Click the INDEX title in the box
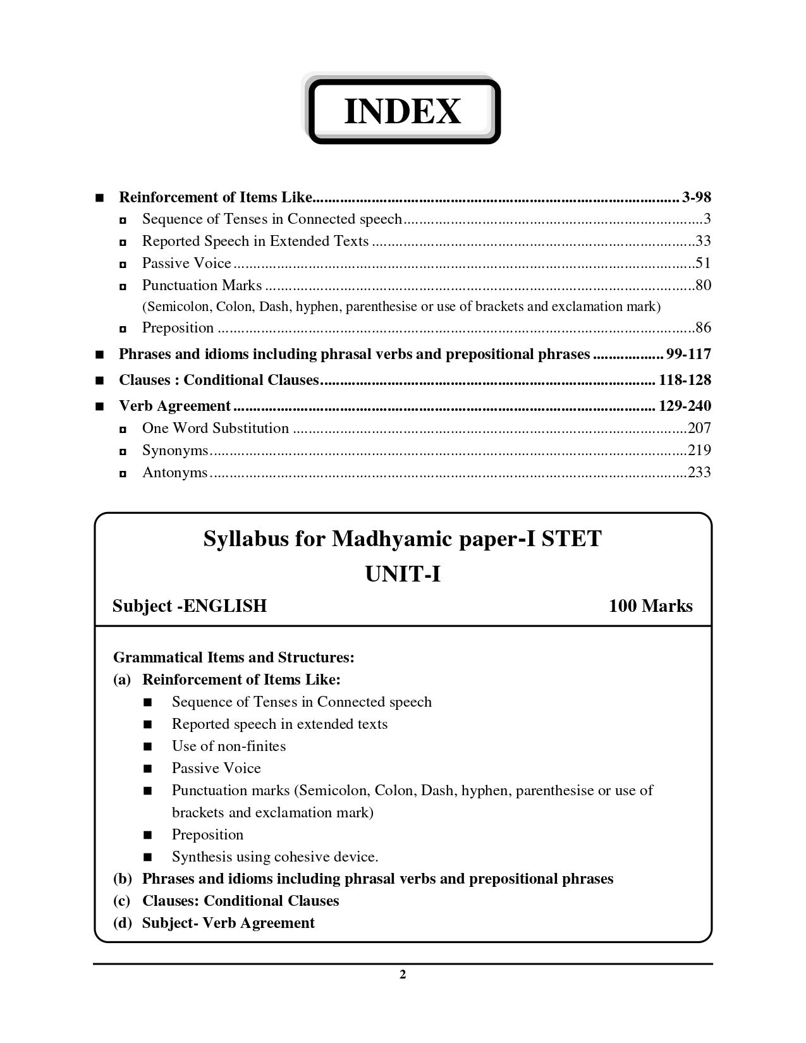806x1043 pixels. tap(402, 112)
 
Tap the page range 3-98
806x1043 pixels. tap(697, 197)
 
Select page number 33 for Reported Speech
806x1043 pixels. tap(703, 241)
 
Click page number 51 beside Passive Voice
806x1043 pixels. tap(703, 263)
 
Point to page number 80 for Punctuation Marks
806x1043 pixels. tap(703, 285)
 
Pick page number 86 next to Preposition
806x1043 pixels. tap(703, 327)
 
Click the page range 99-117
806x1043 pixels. tap(688, 354)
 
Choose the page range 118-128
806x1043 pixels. tap(685, 380)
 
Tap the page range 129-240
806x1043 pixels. tap(685, 406)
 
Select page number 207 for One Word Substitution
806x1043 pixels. tap(699, 428)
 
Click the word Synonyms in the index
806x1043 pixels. tap(175, 451)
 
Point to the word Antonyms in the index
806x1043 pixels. tap(174, 473)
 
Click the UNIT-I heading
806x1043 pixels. tap(403, 575)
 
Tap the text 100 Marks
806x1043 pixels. tap(650, 606)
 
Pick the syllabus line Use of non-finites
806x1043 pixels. tap(229, 747)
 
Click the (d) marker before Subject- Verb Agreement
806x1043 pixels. tap(123, 924)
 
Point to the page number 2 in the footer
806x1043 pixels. tap(403, 975)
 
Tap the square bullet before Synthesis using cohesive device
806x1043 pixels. tap(148, 858)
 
